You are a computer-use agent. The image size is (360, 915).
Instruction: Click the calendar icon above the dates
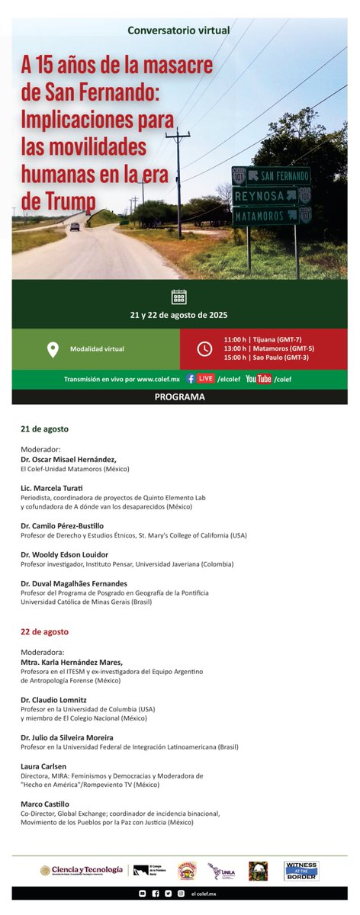pos(179,297)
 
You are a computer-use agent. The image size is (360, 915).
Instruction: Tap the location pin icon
pos(53,349)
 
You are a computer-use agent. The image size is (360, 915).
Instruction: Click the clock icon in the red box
pos(204,349)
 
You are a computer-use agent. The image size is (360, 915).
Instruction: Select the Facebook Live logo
pos(200,378)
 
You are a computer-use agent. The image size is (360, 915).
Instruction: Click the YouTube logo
pos(259,378)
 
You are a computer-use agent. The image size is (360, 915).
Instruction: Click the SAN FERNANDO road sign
pos(278,175)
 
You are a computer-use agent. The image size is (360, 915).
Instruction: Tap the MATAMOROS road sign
pos(265,216)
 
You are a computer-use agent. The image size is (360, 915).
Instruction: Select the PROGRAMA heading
pos(179,396)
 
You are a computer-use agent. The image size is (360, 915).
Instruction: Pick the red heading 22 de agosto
pos(44,631)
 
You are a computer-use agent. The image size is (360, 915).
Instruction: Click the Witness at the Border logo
pos(301,871)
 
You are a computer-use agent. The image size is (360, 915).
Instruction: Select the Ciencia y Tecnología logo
pos(81,871)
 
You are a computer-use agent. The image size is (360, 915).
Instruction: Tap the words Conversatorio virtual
pos(179,30)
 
